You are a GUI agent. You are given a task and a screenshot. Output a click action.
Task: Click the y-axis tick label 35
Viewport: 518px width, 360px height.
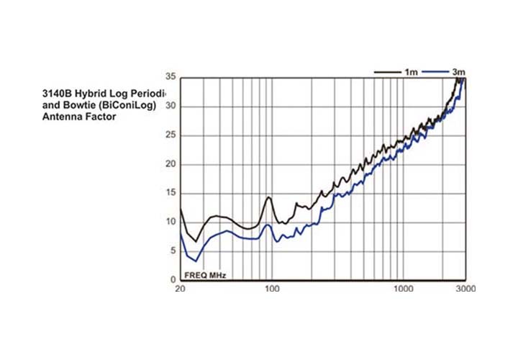[x=170, y=76]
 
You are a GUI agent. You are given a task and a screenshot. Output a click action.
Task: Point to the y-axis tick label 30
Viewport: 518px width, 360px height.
[x=170, y=106]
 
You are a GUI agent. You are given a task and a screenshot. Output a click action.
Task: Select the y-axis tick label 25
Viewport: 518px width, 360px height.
[x=170, y=135]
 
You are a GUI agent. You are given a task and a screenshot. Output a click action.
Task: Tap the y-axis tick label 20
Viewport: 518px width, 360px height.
[x=170, y=163]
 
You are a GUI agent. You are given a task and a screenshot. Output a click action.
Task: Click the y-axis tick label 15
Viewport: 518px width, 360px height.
[x=170, y=193]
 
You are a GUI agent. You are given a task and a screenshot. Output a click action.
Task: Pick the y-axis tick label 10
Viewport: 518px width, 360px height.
[x=170, y=222]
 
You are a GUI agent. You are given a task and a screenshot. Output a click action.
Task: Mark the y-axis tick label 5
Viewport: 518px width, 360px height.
[x=173, y=251]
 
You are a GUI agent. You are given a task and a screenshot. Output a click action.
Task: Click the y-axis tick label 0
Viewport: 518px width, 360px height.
[x=173, y=279]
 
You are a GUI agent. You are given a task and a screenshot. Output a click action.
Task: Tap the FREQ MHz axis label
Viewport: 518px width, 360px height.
[x=206, y=275]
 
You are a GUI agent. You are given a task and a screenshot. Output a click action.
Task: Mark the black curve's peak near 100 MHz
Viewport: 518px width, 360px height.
[x=269, y=197]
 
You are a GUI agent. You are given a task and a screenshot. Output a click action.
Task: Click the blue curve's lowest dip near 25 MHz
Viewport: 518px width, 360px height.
[x=196, y=261]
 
